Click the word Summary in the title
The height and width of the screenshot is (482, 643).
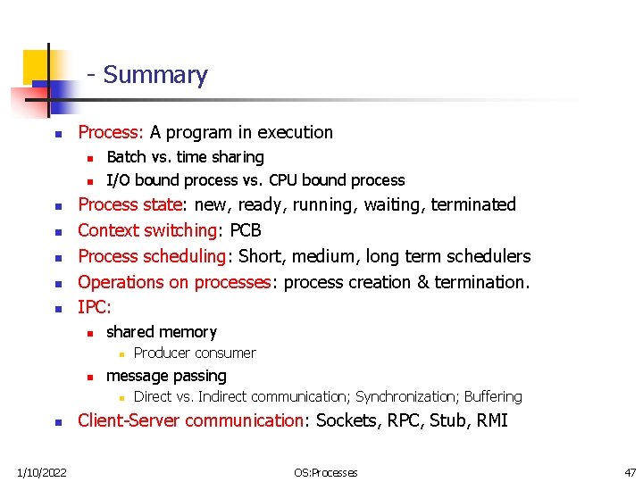pos(155,75)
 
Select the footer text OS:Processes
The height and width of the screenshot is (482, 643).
pos(326,472)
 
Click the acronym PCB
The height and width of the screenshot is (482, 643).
pos(246,230)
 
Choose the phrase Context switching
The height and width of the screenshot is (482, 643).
pos(147,230)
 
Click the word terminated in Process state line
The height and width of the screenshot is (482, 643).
pos(473,204)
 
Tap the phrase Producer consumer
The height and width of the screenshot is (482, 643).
pos(195,353)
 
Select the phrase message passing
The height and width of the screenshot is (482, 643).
pos(166,376)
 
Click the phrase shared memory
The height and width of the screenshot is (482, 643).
pos(162,332)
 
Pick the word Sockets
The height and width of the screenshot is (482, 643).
pos(349,420)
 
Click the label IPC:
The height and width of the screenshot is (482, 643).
pos(95,308)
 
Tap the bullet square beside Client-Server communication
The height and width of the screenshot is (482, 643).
pos(56,421)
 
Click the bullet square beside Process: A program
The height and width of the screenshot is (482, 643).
pos(56,134)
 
